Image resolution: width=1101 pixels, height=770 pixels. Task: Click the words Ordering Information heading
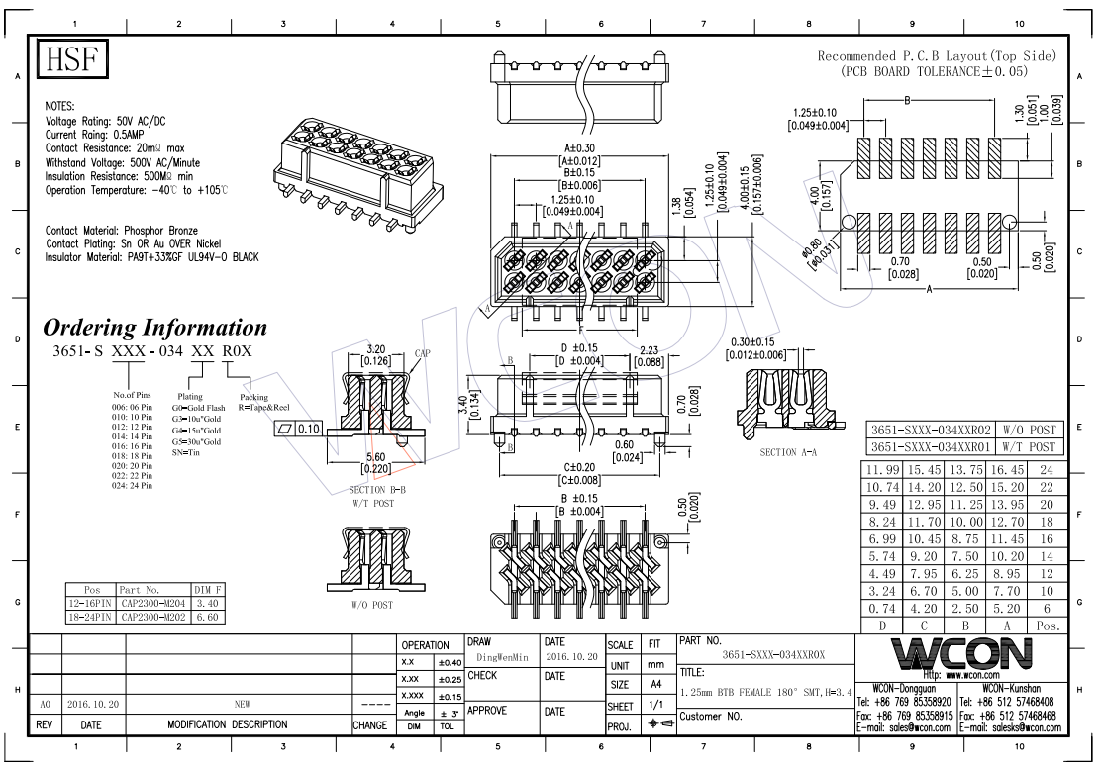tap(155, 328)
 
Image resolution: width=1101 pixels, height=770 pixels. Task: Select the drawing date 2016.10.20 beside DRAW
tap(571, 657)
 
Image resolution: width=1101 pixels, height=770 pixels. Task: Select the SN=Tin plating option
tap(186, 451)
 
